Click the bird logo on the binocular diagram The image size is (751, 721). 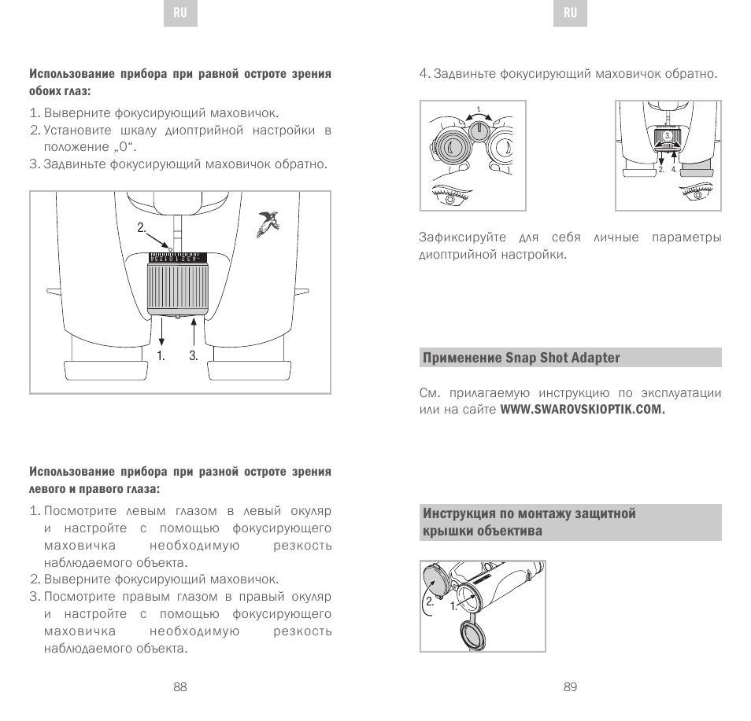point(268,224)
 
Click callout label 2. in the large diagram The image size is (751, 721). point(142,228)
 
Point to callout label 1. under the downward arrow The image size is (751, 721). point(161,355)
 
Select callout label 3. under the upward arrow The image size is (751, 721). point(193,355)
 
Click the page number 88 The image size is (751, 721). point(180,686)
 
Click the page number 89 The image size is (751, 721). point(571,686)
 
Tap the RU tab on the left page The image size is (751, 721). point(179,13)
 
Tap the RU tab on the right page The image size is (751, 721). point(571,13)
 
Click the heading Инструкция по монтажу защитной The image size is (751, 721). point(529,514)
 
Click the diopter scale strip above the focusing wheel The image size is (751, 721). point(176,258)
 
